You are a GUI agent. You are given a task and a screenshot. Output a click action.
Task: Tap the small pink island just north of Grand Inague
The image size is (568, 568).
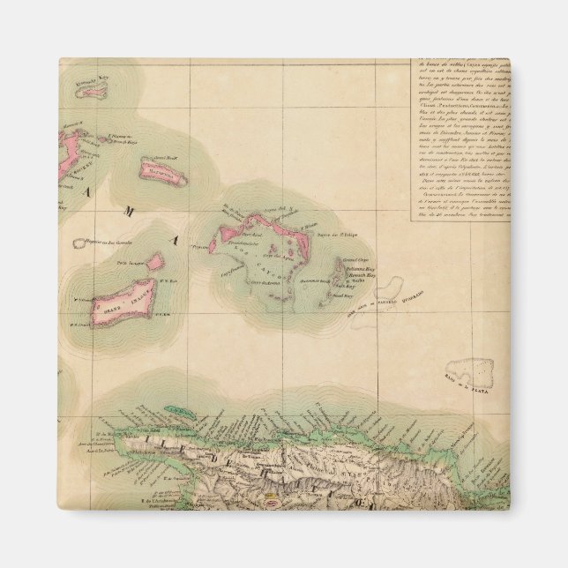click(156, 262)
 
